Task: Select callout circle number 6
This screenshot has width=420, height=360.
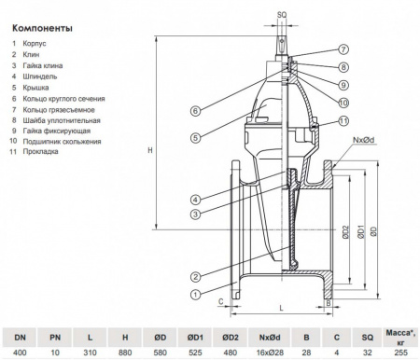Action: coord(194,111)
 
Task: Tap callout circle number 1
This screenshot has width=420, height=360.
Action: coord(194,294)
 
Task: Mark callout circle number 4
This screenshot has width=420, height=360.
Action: coord(194,200)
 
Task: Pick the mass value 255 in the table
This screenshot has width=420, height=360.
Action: coord(402,351)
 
